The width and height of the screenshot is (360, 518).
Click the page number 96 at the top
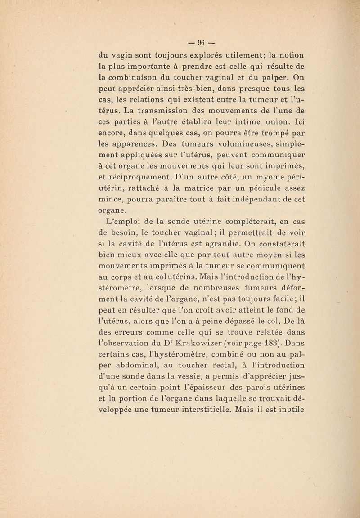[x=198, y=43]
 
